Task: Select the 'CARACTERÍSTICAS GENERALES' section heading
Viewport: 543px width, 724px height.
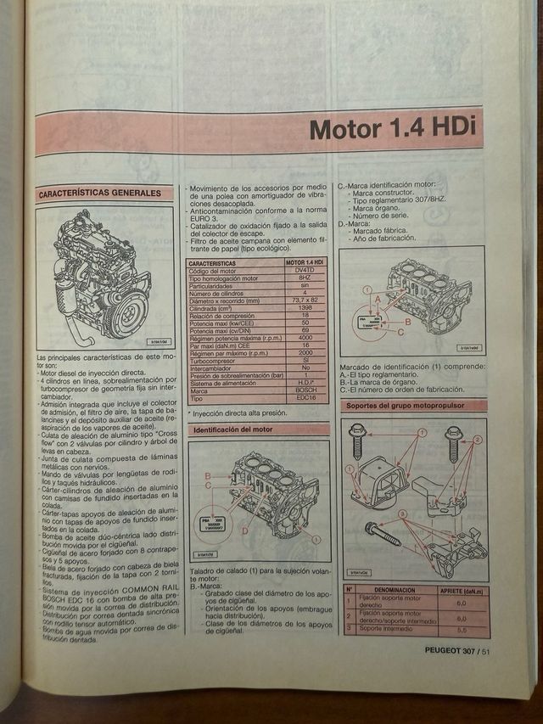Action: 99,194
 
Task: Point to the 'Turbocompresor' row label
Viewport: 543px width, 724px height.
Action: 215,360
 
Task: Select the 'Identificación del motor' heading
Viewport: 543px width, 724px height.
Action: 232,430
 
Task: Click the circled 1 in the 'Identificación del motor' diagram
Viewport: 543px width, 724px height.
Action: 316,538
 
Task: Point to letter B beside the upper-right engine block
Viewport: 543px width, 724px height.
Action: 407,323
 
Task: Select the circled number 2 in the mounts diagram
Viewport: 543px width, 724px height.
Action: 477,441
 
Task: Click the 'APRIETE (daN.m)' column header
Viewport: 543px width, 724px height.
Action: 462,588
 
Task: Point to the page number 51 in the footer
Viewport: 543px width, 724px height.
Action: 487,652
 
